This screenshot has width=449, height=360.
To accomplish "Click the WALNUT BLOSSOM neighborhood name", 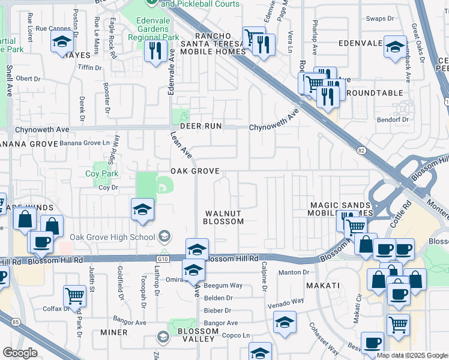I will point(223,217).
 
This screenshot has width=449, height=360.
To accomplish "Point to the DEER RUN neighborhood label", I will point(197,126).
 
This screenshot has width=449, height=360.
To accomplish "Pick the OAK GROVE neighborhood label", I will point(194,171).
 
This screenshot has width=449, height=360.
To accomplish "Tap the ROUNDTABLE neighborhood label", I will point(373,93).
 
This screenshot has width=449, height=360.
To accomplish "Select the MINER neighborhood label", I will point(114,332).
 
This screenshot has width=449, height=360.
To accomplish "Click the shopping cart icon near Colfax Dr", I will point(74,295).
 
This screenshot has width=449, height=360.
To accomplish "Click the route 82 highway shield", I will point(361,151).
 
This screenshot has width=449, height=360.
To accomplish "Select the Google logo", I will point(20,353).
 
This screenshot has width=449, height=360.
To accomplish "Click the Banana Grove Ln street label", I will point(85,143).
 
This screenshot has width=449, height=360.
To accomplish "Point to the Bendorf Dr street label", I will point(393,119).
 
